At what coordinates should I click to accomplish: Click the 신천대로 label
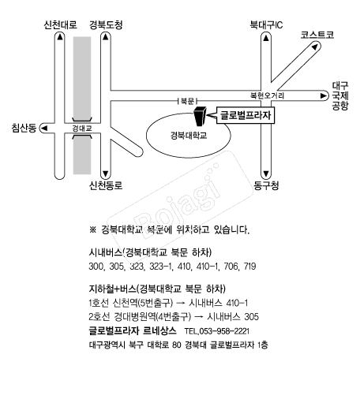click(61, 25)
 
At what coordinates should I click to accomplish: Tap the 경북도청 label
click(106, 25)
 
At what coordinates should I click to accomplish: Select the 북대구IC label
click(266, 25)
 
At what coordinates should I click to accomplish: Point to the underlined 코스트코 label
click(317, 35)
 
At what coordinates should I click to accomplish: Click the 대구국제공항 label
click(340, 95)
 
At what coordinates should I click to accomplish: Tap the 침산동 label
click(24, 128)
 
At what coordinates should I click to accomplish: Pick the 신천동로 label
click(106, 185)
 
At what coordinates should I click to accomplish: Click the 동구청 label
click(266, 185)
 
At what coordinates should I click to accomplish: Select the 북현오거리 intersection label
click(267, 95)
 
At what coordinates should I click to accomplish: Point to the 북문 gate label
click(187, 101)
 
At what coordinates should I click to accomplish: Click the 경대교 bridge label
click(82, 129)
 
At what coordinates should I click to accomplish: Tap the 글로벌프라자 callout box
click(246, 115)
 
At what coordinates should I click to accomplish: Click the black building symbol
click(200, 116)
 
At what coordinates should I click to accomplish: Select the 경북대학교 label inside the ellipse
click(189, 136)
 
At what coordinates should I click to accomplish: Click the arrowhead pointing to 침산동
click(44, 128)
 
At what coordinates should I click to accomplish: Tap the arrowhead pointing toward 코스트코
click(314, 47)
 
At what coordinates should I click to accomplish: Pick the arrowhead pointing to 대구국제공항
click(324, 95)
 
